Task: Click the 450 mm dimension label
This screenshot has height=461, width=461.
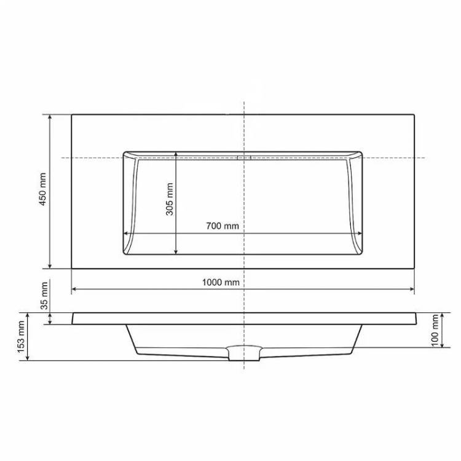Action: (43, 189)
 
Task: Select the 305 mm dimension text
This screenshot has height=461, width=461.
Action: (170, 199)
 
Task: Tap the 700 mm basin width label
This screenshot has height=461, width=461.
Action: (223, 226)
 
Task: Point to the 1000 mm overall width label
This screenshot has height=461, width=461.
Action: (221, 282)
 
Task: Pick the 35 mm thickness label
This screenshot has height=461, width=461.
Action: (44, 296)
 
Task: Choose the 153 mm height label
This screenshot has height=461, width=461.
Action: (21, 337)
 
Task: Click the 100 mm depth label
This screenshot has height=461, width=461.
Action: (435, 331)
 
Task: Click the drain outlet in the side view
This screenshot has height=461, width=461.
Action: (244, 353)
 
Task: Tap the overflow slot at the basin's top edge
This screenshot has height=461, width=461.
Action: (244, 157)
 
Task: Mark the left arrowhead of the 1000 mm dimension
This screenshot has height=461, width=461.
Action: (74, 290)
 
